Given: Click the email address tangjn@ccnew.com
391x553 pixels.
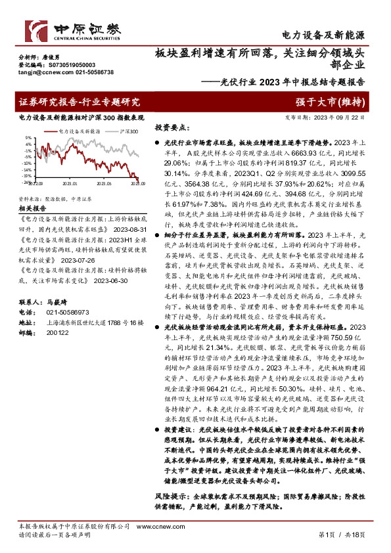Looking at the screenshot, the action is [41, 72].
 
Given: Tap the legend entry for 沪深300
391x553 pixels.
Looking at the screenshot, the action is [129, 131].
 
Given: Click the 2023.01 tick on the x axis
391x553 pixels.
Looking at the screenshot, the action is [70, 185].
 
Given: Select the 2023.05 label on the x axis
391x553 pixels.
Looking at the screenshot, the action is [104, 185].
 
